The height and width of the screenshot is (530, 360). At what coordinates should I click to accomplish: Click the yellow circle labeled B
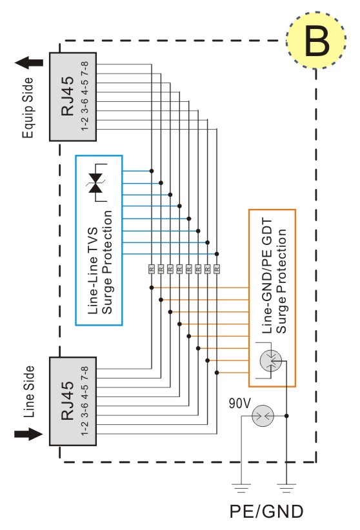pyautogui.click(x=316, y=40)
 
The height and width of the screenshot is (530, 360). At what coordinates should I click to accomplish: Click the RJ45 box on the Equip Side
pyautogui.click(x=73, y=97)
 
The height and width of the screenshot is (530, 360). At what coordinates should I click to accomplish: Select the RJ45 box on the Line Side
pyautogui.click(x=73, y=401)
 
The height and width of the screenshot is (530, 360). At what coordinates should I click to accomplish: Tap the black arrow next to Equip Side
pyautogui.click(x=29, y=63)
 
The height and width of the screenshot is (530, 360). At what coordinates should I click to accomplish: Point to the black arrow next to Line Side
pyautogui.click(x=29, y=434)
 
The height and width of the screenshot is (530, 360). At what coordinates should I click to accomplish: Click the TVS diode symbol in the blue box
pyautogui.click(x=95, y=183)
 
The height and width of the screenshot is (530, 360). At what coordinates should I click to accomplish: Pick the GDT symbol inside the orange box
pyautogui.click(x=271, y=360)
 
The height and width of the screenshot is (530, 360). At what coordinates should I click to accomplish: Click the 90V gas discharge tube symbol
pyautogui.click(x=263, y=416)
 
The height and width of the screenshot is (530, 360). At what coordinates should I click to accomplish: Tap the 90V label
pyautogui.click(x=240, y=403)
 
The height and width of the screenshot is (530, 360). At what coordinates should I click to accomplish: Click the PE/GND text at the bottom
pyautogui.click(x=266, y=511)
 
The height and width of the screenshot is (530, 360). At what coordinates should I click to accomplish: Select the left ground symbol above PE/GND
pyautogui.click(x=241, y=488)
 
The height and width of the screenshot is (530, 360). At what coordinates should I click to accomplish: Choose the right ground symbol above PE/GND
pyautogui.click(x=286, y=488)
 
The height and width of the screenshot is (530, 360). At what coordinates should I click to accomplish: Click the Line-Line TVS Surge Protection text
pyautogui.click(x=100, y=262)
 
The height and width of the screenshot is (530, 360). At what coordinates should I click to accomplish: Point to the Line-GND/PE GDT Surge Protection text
pyautogui.click(x=274, y=276)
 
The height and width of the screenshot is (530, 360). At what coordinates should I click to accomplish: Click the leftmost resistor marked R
pyautogui.click(x=152, y=269)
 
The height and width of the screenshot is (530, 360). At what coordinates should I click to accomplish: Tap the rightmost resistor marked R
pyautogui.click(x=217, y=269)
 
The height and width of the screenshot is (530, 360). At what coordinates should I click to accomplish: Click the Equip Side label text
pyautogui.click(x=28, y=108)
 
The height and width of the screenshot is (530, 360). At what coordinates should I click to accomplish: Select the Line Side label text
pyautogui.click(x=29, y=391)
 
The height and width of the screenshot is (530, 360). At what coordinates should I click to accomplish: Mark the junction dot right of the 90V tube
pyautogui.click(x=286, y=416)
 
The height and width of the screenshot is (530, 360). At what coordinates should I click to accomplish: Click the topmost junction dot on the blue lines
pyautogui.click(x=152, y=171)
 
